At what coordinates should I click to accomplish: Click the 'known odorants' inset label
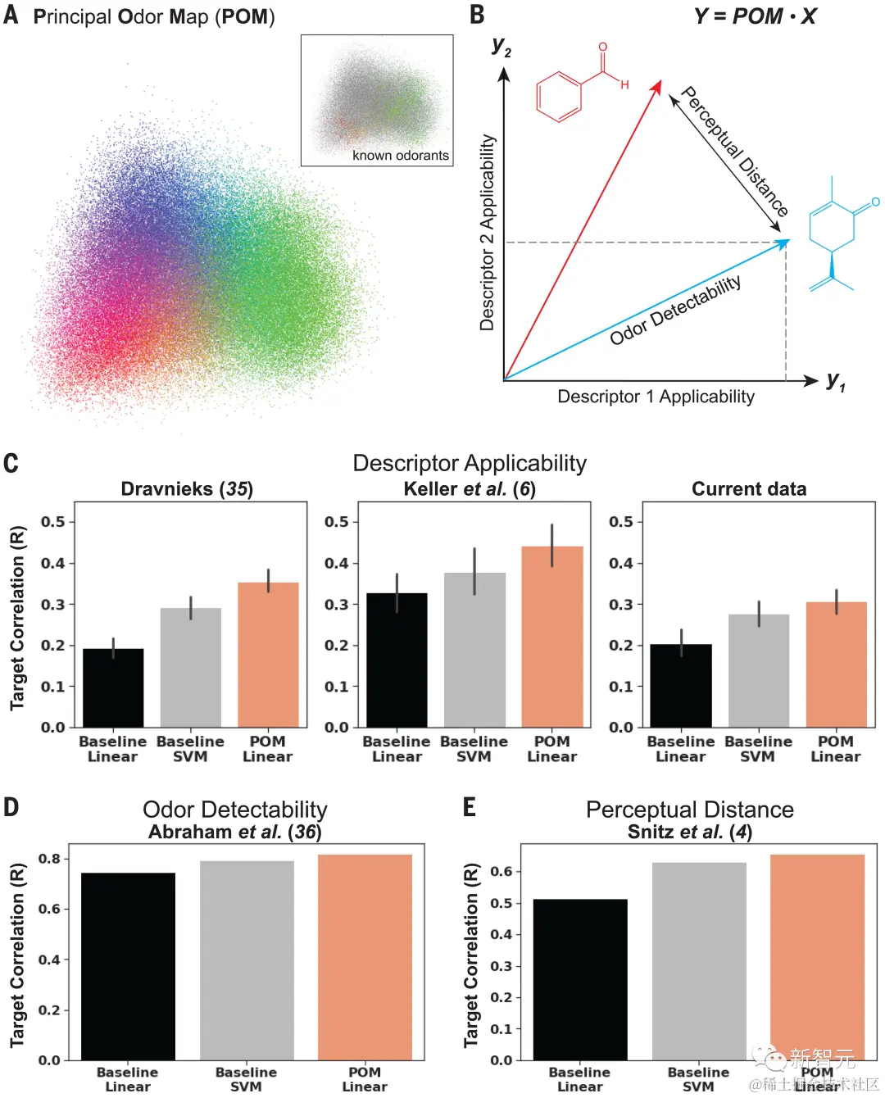(x=400, y=156)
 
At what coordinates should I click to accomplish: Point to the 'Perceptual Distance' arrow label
(x=734, y=152)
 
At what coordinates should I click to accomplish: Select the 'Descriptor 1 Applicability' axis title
(x=656, y=397)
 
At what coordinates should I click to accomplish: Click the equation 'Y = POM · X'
(x=755, y=16)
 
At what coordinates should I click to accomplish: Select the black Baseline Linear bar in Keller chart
(x=397, y=660)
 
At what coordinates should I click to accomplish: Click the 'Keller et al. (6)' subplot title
(x=469, y=489)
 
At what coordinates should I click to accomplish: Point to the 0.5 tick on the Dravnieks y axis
(x=53, y=522)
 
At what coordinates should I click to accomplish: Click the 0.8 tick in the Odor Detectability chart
(x=49, y=859)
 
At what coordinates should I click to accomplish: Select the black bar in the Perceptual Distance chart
(x=579, y=979)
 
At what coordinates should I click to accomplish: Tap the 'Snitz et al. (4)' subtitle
(x=689, y=833)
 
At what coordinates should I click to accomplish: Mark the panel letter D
(x=11, y=807)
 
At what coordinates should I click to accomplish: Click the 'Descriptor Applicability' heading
(x=469, y=463)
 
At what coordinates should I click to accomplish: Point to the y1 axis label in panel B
(x=835, y=381)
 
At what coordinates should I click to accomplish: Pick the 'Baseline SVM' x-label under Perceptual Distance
(x=698, y=1078)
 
